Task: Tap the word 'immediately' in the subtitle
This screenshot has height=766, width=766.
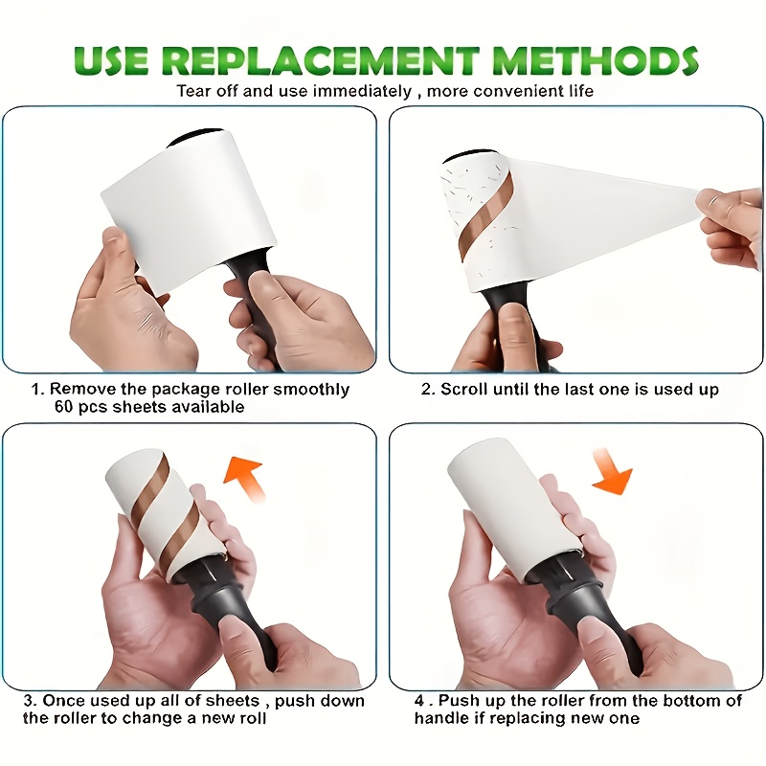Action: pyautogui.click(x=362, y=91)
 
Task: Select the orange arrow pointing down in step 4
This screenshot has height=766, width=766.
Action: pyautogui.click(x=611, y=470)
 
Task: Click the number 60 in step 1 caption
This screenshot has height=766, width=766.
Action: pyautogui.click(x=64, y=406)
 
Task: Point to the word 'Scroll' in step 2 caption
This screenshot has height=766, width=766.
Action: pyautogui.click(x=464, y=390)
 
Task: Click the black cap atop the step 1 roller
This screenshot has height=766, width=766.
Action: pyautogui.click(x=195, y=137)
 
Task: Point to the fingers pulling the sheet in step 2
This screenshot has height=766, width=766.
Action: pyautogui.click(x=731, y=225)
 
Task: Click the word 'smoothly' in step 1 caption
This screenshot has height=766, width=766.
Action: pyautogui.click(x=311, y=390)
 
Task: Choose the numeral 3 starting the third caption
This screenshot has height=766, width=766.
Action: pyautogui.click(x=29, y=701)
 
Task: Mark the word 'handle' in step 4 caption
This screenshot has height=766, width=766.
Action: pyautogui.click(x=438, y=718)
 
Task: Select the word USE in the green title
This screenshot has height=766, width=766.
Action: pyautogui.click(x=111, y=60)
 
